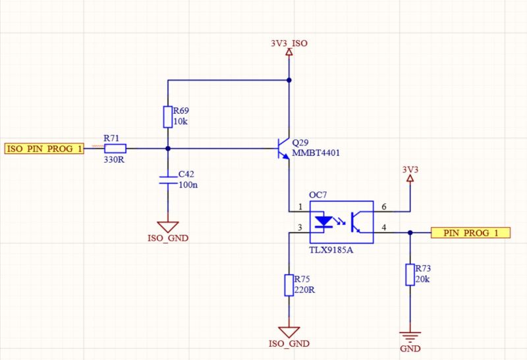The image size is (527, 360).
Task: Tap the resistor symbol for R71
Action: pos(115,149)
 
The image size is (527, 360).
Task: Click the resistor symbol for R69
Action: pos(167,116)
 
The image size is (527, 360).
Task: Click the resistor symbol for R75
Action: pos(288,285)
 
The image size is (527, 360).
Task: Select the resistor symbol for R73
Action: pos(410,274)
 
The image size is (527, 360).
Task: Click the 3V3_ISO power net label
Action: pos(289,43)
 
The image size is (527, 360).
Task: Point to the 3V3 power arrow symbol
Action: pos(410,178)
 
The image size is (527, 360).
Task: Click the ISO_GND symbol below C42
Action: pos(167,226)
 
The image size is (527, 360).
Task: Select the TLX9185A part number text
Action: pos(331,250)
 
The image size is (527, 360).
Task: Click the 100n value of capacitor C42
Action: pos(188,186)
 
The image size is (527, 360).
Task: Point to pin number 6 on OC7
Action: pos(384,207)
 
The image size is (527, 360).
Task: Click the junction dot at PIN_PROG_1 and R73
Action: pos(410,232)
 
